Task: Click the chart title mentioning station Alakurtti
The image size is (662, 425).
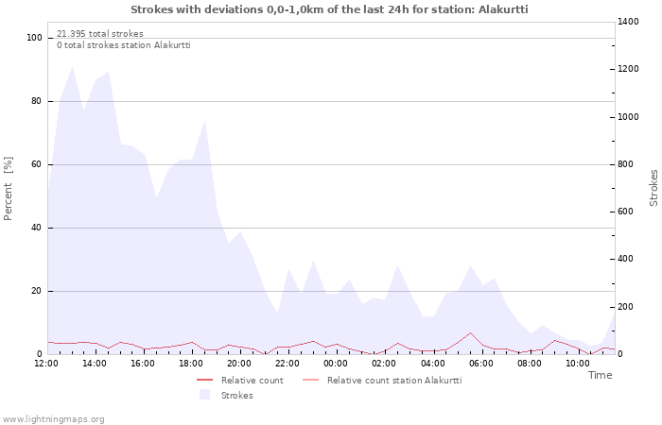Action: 329,9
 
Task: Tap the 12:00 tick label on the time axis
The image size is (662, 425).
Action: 46,363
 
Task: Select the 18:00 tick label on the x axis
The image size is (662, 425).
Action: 191,363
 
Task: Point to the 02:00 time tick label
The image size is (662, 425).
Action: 384,363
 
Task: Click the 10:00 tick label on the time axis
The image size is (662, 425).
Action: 577,363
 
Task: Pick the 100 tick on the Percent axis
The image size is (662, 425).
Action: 35,38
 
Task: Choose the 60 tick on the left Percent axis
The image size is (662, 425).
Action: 37,164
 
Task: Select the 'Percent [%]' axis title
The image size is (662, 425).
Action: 9,189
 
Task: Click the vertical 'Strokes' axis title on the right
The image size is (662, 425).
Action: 653,188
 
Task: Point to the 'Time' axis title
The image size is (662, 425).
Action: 600,375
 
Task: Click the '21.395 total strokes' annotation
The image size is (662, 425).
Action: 100,34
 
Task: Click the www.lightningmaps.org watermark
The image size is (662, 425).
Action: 54,418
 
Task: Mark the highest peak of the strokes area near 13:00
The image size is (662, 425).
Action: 72,67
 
